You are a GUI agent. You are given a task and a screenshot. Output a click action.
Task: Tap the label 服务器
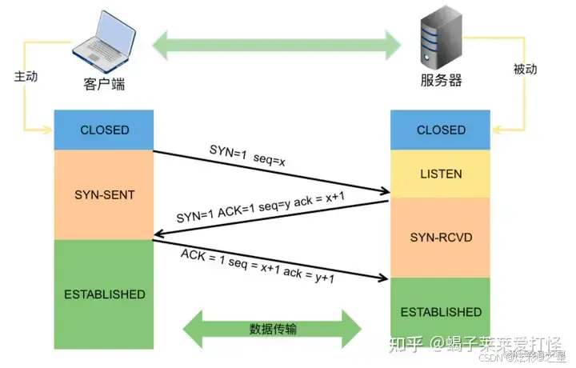click(441, 82)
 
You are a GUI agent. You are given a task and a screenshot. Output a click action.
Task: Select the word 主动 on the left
click(26, 77)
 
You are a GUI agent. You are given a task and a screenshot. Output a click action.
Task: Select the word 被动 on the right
click(525, 70)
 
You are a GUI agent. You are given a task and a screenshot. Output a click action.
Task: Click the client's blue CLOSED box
click(104, 130)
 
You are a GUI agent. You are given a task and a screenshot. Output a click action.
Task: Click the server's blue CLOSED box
click(441, 130)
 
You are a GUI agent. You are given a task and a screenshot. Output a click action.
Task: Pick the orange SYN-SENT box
click(104, 194)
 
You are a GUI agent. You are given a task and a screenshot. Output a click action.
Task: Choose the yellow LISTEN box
click(441, 173)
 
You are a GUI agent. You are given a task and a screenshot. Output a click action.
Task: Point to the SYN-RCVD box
click(441, 237)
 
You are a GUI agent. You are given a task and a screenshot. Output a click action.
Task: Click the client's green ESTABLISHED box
click(104, 294)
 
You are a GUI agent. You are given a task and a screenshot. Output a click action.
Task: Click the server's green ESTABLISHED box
click(441, 312)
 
